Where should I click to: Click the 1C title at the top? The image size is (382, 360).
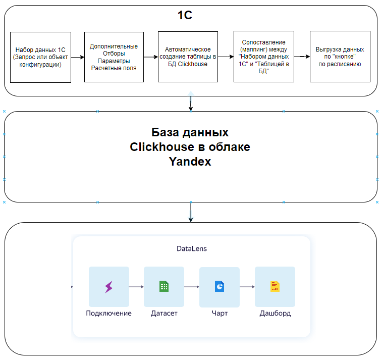tap(185, 15)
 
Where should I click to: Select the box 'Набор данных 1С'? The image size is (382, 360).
tap(40, 57)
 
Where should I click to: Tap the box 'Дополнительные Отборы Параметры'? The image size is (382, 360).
tap(114, 57)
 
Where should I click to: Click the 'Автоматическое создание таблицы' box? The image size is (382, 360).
tap(188, 57)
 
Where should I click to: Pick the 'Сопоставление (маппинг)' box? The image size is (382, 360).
tap(263, 57)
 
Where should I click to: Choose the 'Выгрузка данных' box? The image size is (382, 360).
tap(340, 57)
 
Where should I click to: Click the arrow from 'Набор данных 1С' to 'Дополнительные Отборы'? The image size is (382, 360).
tap(77, 57)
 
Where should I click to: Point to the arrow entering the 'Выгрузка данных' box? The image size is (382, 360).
tap(301, 57)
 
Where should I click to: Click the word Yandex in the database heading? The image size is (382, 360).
tap(190, 162)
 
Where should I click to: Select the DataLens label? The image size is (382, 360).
tap(192, 248)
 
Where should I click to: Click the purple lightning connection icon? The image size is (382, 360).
tap(108, 287)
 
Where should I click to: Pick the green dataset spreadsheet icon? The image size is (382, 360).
tap(164, 287)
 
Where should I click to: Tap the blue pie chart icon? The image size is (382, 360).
tap(220, 286)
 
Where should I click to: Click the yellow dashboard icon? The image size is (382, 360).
tap(275, 286)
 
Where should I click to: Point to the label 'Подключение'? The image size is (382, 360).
tap(108, 313)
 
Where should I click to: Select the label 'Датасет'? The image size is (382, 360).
tap(164, 313)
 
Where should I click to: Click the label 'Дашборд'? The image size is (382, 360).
tap(275, 313)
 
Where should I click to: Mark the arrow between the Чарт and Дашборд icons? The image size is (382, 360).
tap(247, 287)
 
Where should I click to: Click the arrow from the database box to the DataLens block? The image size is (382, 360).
tap(191, 212)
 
